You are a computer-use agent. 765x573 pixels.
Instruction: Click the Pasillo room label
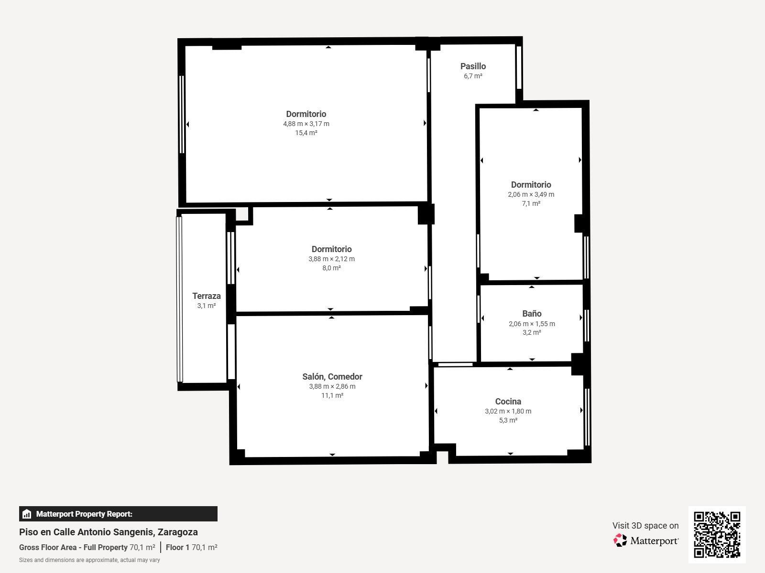(x=473, y=66)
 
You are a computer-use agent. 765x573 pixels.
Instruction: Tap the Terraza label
(x=207, y=296)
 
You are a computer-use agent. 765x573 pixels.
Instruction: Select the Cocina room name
(x=508, y=402)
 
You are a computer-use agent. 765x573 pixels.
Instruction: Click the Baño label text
(x=532, y=314)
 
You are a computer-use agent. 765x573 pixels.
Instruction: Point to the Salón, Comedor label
(x=332, y=377)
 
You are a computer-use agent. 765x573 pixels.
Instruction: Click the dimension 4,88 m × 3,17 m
(x=306, y=124)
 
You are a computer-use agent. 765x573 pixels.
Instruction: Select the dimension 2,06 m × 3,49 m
(x=531, y=194)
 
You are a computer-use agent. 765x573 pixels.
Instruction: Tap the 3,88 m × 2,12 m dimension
(x=331, y=259)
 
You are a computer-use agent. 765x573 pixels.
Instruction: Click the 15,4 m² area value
(x=306, y=133)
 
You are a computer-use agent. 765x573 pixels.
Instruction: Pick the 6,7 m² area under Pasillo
(x=473, y=76)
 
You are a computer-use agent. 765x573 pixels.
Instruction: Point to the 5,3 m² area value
(x=508, y=420)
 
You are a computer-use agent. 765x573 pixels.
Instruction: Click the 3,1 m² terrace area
(x=207, y=306)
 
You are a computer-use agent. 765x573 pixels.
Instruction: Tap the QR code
(x=717, y=534)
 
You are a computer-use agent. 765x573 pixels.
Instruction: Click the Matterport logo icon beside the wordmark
(x=620, y=540)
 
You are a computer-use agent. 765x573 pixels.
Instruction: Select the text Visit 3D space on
(x=645, y=526)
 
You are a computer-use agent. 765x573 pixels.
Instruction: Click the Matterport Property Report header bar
(x=118, y=514)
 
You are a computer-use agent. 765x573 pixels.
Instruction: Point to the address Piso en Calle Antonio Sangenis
(x=109, y=532)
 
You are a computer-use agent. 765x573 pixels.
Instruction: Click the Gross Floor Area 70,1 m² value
(x=142, y=547)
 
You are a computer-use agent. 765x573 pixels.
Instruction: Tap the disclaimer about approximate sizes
(x=89, y=560)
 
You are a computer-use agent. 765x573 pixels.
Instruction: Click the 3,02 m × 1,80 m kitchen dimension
(x=508, y=411)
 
